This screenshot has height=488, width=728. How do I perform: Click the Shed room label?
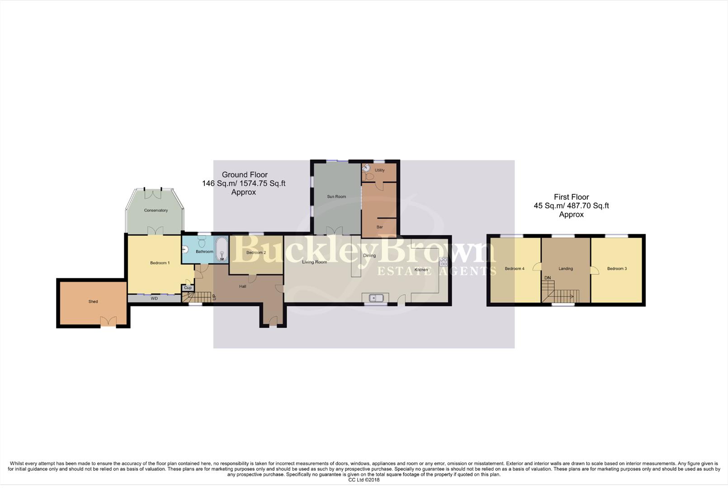point(93,301)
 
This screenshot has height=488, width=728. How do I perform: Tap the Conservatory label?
point(156,210)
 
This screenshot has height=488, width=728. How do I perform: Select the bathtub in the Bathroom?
point(222,249)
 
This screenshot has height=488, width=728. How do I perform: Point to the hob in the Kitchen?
point(443,261)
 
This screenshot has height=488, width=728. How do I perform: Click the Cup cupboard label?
point(188,288)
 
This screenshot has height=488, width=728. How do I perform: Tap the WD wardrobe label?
point(154,298)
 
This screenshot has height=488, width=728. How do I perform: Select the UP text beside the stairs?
point(214,297)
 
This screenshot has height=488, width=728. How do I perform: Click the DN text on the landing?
point(548,277)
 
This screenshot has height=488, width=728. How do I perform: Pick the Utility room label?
point(379,170)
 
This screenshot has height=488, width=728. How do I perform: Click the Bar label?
point(379,227)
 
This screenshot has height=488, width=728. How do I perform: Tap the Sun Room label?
point(336,197)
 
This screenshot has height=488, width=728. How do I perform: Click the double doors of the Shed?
point(108,321)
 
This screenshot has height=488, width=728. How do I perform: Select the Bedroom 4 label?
point(514,268)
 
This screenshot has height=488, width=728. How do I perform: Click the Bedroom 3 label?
point(617,268)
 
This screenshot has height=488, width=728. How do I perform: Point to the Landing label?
point(565,268)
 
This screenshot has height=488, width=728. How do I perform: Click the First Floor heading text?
point(571,197)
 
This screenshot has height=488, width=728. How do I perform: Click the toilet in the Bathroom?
point(202,243)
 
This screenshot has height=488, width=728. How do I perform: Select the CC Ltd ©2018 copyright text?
point(364,480)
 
